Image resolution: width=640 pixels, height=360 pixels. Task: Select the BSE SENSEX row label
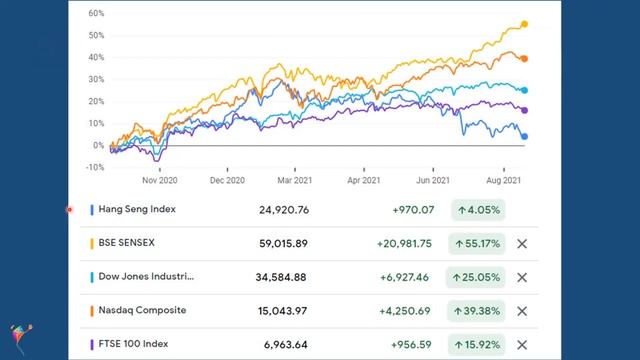click(x=126, y=243)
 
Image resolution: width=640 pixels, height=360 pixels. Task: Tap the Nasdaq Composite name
click(x=142, y=311)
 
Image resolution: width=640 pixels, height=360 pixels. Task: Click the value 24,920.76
click(x=282, y=210)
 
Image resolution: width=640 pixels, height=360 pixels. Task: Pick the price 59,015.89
click(x=282, y=243)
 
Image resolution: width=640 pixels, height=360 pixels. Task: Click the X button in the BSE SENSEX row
click(x=521, y=243)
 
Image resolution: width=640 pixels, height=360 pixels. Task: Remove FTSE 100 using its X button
click(x=521, y=345)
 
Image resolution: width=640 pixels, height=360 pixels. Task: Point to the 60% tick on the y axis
click(x=96, y=14)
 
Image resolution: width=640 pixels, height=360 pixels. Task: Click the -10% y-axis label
click(x=95, y=168)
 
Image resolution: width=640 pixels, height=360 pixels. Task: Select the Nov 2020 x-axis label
click(x=159, y=182)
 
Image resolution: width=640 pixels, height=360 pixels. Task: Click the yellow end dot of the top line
click(x=525, y=24)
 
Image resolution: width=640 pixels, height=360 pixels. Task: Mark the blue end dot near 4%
click(x=525, y=137)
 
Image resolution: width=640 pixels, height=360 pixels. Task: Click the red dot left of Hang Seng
click(x=70, y=210)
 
